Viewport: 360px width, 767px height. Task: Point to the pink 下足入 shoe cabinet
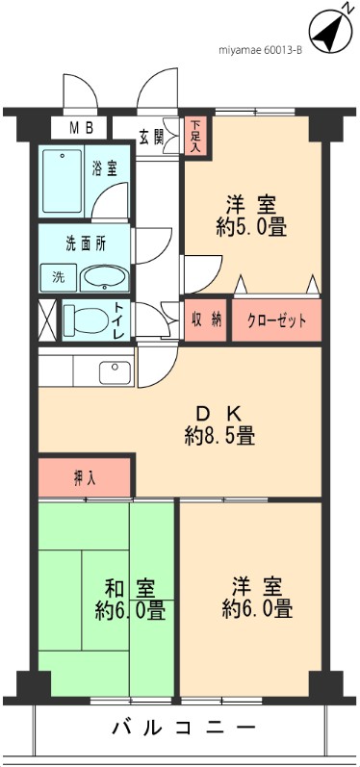click(196, 136)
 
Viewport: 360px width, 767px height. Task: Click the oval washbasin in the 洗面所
click(101, 277)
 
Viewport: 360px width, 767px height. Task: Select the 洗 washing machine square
click(58, 277)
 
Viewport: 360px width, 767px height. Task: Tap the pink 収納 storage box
click(205, 320)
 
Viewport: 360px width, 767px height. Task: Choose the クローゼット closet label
click(276, 321)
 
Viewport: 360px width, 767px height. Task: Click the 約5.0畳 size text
click(252, 229)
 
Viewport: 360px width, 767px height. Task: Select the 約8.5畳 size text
click(219, 435)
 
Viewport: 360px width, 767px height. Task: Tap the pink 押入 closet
click(85, 477)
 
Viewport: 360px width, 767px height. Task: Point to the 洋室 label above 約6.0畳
click(256, 585)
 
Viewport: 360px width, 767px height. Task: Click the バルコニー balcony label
click(179, 729)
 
